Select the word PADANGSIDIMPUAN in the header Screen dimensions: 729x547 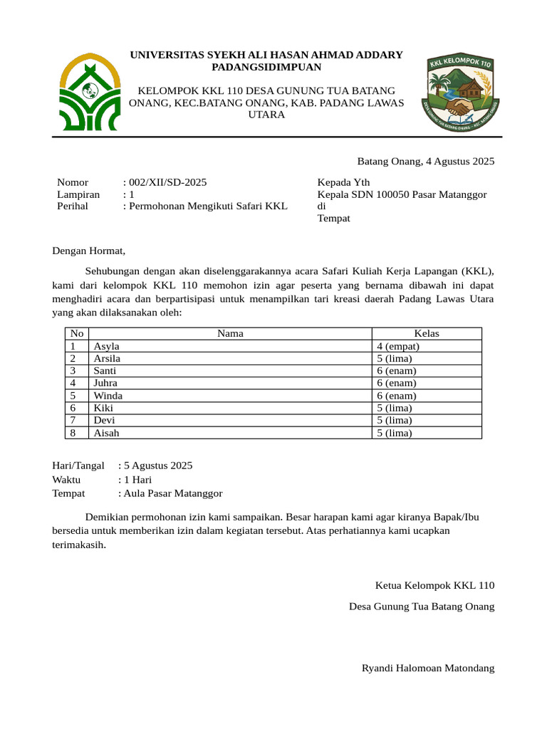pos(266,67)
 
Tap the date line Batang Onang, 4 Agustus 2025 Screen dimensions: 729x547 pos(425,162)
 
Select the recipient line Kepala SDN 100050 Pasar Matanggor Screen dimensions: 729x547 pos(402,194)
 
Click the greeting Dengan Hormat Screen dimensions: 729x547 pos(88,251)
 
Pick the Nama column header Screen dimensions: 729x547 pos(230,333)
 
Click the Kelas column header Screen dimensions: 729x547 pos(427,333)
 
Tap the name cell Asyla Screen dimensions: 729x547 pos(107,346)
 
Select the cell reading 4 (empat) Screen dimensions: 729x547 pos(398,346)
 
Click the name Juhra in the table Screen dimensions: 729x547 pos(105,383)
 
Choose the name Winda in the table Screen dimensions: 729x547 pos(108,395)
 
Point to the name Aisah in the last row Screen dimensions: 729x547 pos(107,432)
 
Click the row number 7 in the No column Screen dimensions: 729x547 pos(73,420)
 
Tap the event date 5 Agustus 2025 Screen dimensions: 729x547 pos(157,466)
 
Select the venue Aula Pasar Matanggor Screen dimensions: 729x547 pos(173,493)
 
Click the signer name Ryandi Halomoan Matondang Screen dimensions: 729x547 pos(428,668)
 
